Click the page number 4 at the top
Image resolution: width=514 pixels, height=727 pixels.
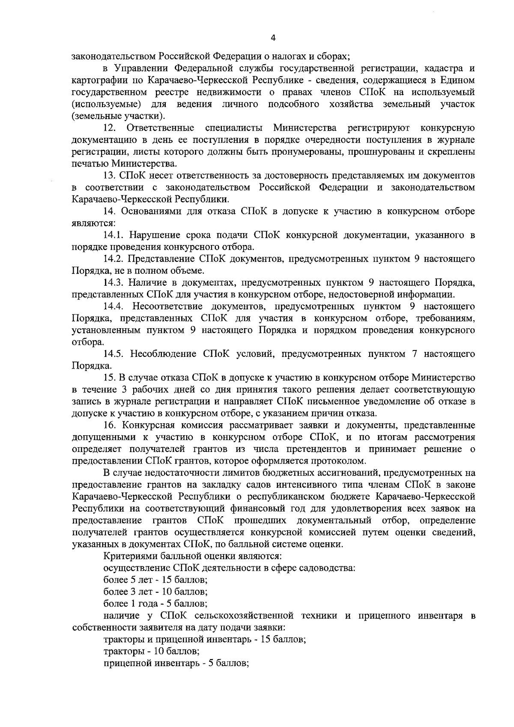[273, 38]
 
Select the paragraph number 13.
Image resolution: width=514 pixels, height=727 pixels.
[110, 176]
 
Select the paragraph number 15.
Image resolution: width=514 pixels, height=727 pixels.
[110, 378]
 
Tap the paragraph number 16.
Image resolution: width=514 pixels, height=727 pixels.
[110, 425]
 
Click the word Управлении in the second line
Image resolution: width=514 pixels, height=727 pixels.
[142, 69]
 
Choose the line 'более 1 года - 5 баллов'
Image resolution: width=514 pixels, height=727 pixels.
[156, 604]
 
